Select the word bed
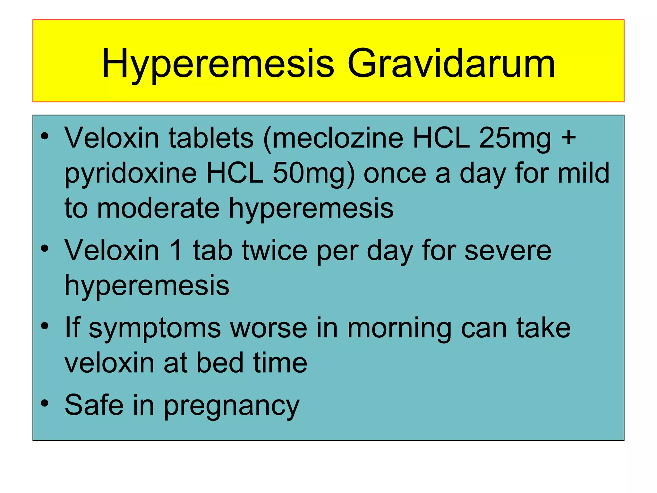(x=220, y=363)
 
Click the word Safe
(x=94, y=405)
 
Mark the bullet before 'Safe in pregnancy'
(x=45, y=403)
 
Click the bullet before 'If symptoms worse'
(x=45, y=326)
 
